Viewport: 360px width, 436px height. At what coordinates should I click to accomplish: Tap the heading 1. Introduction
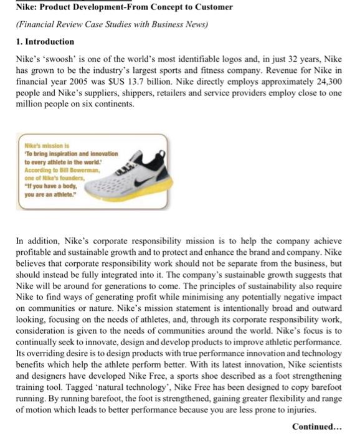pos(44,42)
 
